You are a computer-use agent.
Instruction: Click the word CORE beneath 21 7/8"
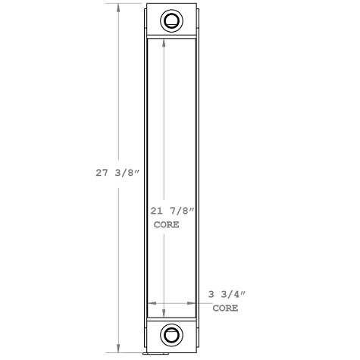coord(167,225)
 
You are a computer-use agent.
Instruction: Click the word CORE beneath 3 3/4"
coord(225,308)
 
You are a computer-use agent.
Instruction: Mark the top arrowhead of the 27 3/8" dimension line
coord(117,7)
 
